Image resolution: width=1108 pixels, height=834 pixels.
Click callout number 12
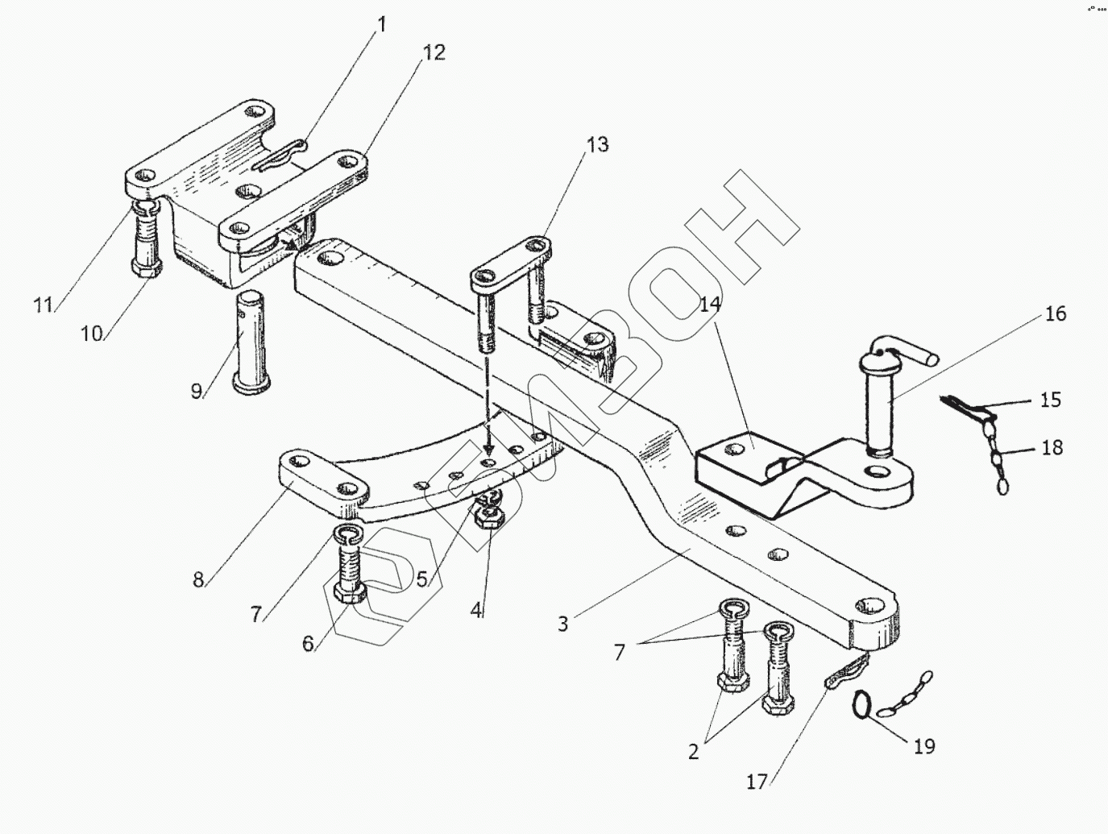pos(433,53)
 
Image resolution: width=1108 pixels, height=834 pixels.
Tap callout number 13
pos(597,146)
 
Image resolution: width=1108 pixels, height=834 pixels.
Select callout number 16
pos(1056,313)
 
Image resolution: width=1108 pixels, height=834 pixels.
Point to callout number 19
pos(924,746)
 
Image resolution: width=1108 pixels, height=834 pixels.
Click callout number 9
pos(197,392)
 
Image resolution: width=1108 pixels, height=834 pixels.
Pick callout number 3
pos(562,623)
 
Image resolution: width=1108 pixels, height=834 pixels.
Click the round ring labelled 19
pos(862,704)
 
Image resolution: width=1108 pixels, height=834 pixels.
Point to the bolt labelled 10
pos(145,242)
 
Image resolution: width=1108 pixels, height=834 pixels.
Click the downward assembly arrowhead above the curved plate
pos(486,454)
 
